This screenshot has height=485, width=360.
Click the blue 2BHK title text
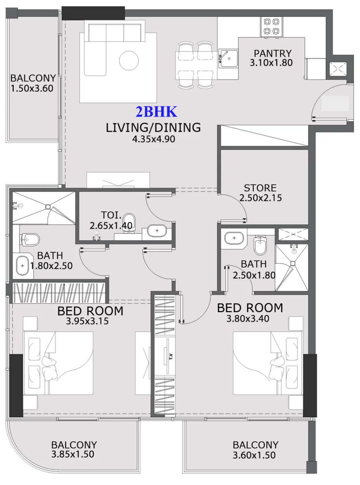pos(156,112)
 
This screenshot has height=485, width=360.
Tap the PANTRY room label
pos(272,54)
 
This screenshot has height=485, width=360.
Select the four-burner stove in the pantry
pos(272,27)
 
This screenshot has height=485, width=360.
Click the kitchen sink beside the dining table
pos(229,58)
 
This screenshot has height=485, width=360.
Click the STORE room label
pos(260,188)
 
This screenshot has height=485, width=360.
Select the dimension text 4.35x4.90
pos(153,139)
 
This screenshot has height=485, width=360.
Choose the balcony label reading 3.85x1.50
pos(73,455)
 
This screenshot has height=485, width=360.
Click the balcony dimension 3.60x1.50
pos(255,455)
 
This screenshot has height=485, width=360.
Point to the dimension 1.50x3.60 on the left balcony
pos(32,88)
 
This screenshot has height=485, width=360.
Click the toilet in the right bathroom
pos(261,245)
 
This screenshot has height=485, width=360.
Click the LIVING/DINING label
pos(153,127)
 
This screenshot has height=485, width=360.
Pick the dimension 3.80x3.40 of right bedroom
pos(248,318)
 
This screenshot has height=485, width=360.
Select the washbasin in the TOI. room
pos(157,231)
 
